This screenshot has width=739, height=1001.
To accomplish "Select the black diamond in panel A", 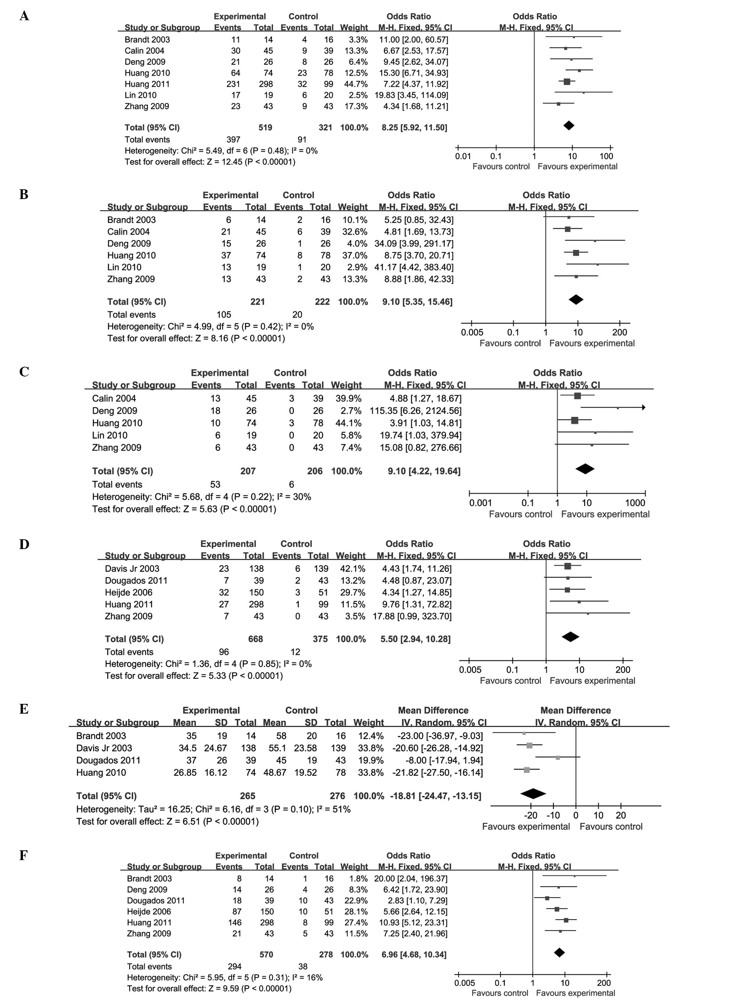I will [x=569, y=126].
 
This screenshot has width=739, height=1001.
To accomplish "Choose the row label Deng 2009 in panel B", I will [x=129, y=244].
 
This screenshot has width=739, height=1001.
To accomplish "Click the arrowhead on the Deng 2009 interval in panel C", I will [x=643, y=407].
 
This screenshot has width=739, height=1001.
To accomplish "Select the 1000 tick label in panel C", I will [x=635, y=503].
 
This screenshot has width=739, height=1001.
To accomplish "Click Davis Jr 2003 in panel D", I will [x=132, y=569].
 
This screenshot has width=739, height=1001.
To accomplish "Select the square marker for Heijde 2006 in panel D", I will [x=567, y=590].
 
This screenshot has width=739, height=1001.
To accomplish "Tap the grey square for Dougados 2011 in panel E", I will [x=558, y=757].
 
